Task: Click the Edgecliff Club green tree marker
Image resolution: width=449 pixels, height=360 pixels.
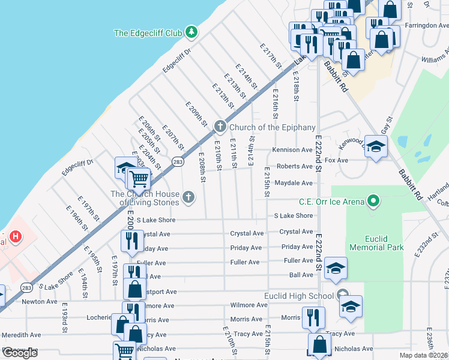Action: [x=191, y=31]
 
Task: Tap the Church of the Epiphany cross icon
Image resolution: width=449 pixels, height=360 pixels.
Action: [x=220, y=127]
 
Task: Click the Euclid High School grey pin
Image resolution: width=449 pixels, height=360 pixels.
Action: [x=342, y=295]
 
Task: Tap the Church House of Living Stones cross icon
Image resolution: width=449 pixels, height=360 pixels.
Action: [x=188, y=197]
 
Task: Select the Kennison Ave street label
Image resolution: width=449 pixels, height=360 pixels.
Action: [x=292, y=150]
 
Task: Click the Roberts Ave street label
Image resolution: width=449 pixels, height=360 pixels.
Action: [x=294, y=166]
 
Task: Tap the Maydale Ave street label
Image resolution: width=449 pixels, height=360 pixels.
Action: [x=294, y=182]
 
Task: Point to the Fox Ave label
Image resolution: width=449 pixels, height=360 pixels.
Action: [x=336, y=161]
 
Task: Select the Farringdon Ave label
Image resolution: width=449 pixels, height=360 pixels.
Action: [x=426, y=26]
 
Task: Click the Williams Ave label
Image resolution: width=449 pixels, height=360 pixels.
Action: [x=434, y=59]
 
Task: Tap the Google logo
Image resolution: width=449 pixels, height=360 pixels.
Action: [x=19, y=353]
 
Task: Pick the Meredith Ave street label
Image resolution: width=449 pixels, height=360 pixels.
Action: [x=22, y=335]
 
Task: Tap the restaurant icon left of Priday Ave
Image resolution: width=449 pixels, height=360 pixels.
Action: [x=130, y=241]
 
